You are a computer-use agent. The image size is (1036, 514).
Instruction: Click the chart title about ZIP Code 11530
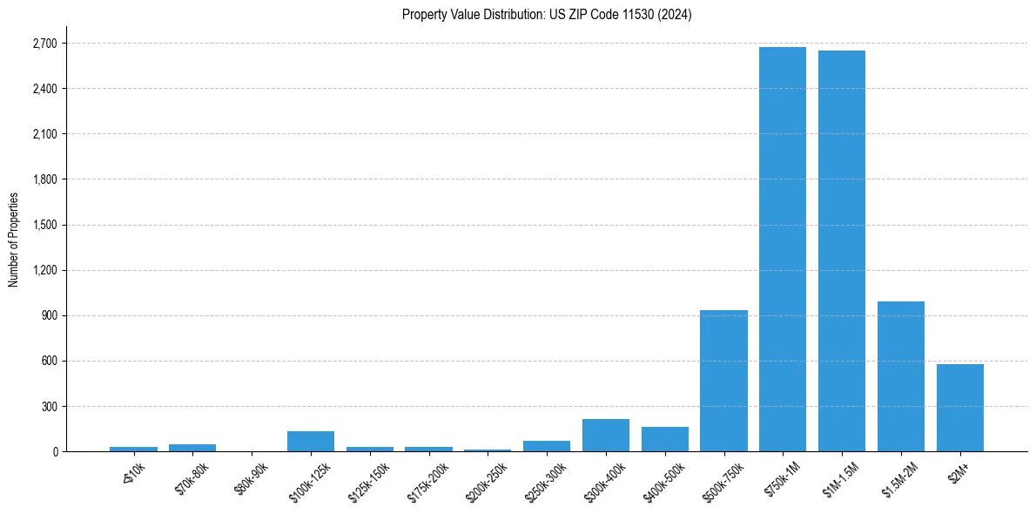[547, 15]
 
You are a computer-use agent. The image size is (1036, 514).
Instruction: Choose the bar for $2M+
[960, 408]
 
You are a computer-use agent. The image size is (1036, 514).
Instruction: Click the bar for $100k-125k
[311, 442]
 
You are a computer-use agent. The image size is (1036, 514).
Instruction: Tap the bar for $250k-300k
[547, 446]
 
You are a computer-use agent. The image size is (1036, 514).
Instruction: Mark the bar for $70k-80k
[192, 448]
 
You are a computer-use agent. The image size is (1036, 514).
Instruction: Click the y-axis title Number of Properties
[14, 240]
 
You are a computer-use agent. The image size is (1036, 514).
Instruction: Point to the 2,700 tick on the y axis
[44, 44]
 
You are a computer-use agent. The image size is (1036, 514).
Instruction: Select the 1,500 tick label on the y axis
[44, 225]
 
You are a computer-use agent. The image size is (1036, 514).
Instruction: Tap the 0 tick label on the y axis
[55, 451]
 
